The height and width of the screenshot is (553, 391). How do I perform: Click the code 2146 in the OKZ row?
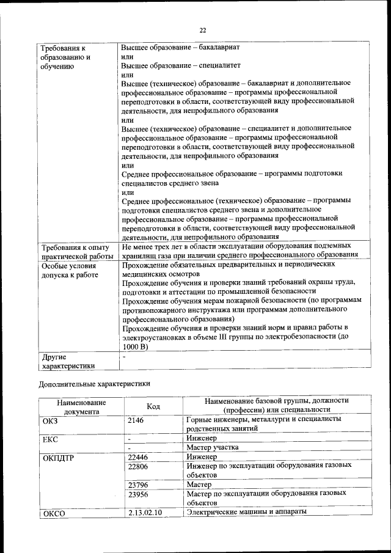pos(137,420)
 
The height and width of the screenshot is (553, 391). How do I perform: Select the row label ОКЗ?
pos(51,420)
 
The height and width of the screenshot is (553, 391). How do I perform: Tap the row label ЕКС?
pos(50,439)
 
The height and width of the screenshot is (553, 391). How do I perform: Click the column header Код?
pos(154,406)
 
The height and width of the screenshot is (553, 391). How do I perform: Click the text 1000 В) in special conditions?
pos(136,346)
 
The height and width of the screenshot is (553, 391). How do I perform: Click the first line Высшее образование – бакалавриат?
pos(180,47)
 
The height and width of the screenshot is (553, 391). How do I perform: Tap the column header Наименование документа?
pos(81,406)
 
